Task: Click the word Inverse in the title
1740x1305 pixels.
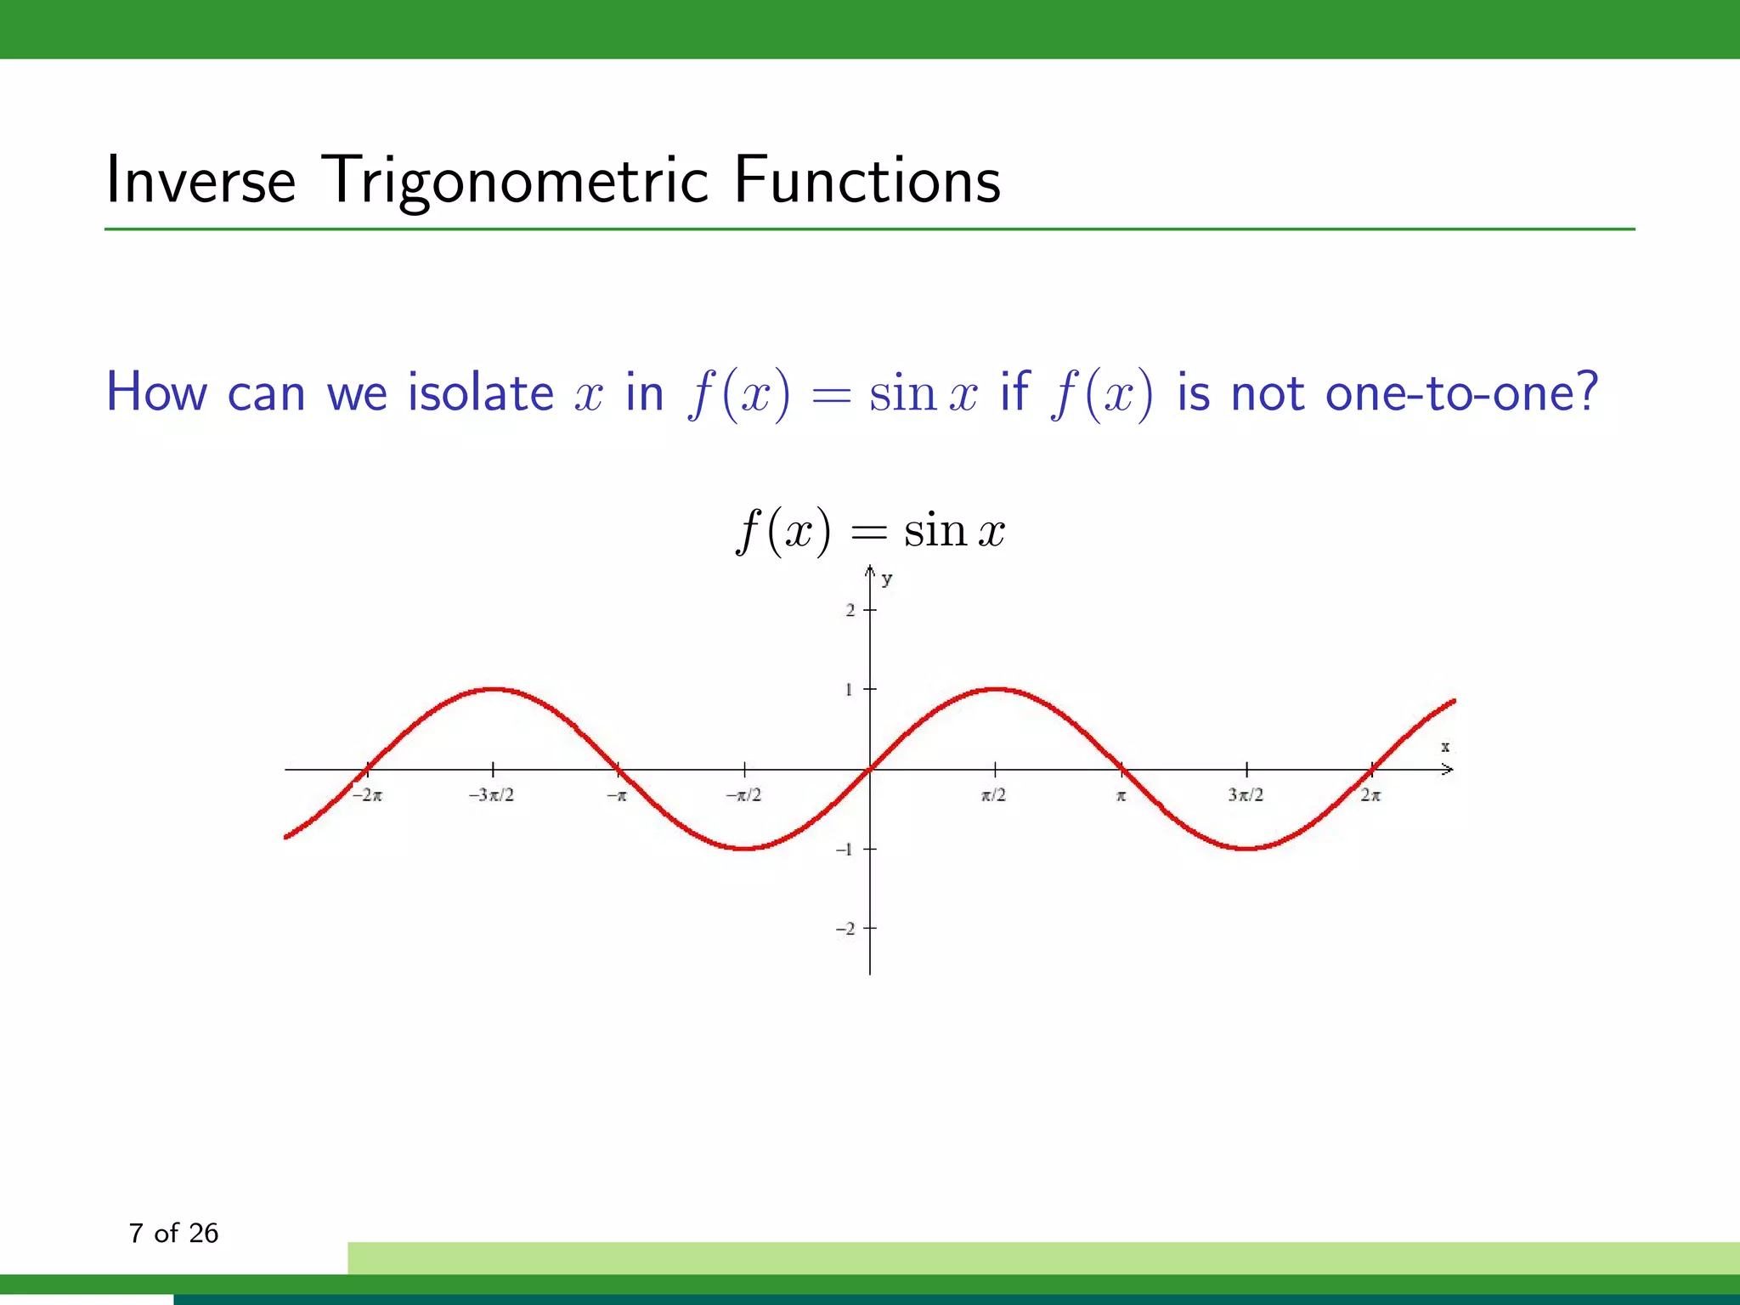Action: [201, 180]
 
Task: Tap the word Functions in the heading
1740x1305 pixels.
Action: [867, 180]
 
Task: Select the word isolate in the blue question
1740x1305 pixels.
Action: [480, 393]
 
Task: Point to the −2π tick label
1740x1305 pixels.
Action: [367, 795]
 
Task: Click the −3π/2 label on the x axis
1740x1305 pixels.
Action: [491, 795]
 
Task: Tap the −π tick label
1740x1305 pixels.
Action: [617, 795]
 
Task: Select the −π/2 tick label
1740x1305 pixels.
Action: [743, 795]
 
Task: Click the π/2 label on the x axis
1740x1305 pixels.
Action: [993, 795]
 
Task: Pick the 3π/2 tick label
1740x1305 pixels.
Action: [1246, 795]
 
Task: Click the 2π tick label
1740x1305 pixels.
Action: [1370, 795]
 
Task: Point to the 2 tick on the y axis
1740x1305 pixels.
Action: [850, 610]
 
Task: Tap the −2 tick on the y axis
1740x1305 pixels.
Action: [845, 929]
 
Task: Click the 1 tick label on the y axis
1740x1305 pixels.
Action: [849, 689]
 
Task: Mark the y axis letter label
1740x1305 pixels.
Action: [887, 579]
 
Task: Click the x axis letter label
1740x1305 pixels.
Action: [1444, 747]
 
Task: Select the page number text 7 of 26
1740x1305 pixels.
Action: [173, 1233]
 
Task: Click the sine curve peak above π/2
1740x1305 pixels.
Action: [996, 689]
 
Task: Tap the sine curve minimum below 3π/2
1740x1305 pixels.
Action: [1246, 848]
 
